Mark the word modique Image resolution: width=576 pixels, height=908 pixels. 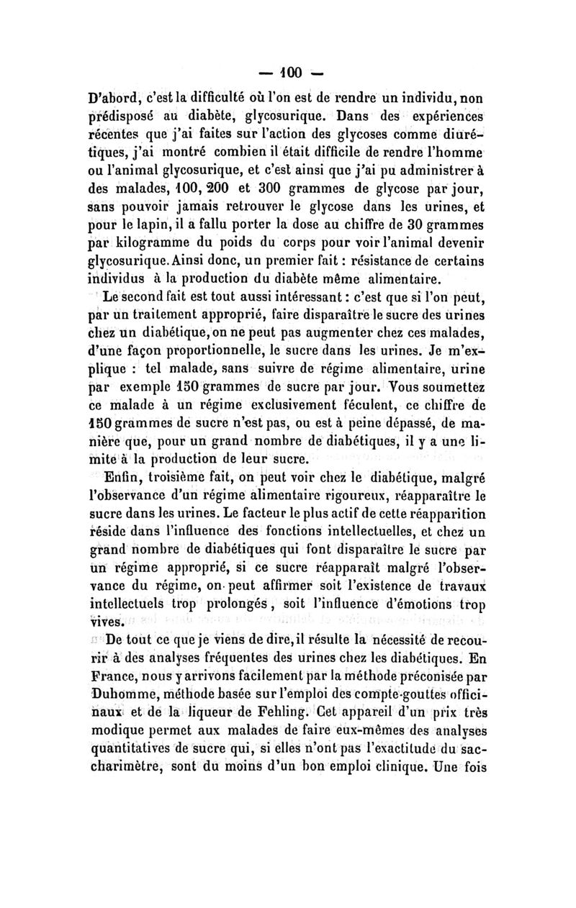coord(117,732)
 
